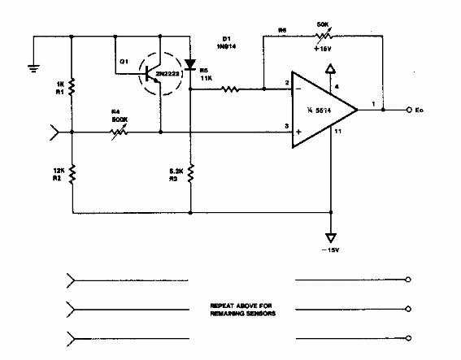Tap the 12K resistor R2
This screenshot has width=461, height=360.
(x=72, y=173)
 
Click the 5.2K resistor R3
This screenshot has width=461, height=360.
(x=190, y=174)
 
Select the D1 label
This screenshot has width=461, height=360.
(x=227, y=38)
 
